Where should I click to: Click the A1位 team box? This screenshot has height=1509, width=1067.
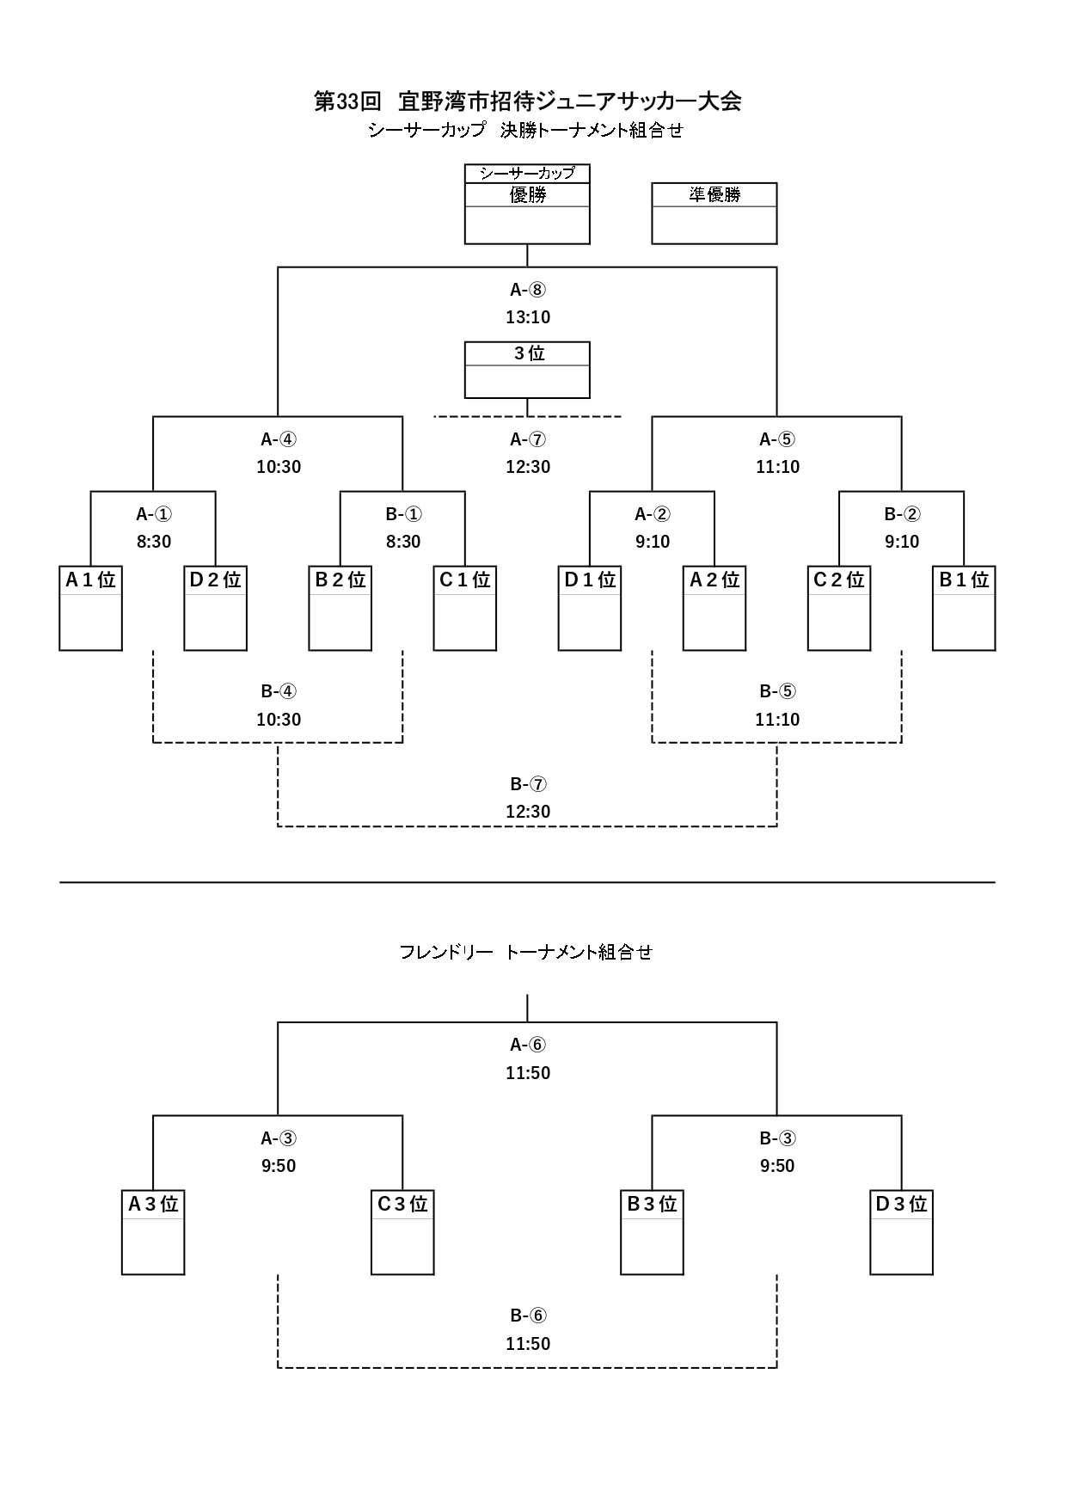pyautogui.click(x=90, y=608)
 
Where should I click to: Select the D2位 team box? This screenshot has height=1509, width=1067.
pyautogui.click(x=215, y=608)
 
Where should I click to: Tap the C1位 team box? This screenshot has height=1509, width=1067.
pyautogui.click(x=464, y=608)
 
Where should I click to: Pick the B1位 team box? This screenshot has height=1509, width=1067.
pyautogui.click(x=964, y=608)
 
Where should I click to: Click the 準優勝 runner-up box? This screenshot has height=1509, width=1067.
pyautogui.click(x=714, y=213)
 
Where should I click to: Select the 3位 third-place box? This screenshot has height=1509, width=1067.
pyautogui.click(x=527, y=371)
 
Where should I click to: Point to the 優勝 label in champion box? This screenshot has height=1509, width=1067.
pyautogui.click(x=527, y=195)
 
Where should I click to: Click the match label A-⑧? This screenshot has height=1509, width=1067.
pyautogui.click(x=527, y=290)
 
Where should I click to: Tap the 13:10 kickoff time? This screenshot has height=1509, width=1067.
pyautogui.click(x=527, y=317)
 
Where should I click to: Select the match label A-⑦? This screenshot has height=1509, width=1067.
pyautogui.click(x=527, y=440)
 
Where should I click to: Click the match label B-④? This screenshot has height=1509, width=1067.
pyautogui.click(x=279, y=692)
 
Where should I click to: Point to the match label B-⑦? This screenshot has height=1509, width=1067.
pyautogui.click(x=527, y=784)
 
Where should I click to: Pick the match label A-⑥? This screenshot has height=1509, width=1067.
pyautogui.click(x=527, y=1046)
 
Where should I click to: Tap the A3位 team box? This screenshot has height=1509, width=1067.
pyautogui.click(x=153, y=1232)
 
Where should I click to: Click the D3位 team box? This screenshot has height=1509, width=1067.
pyautogui.click(x=901, y=1232)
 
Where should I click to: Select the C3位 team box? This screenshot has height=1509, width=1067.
pyautogui.click(x=402, y=1232)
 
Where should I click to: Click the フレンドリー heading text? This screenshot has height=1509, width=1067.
pyautogui.click(x=445, y=952)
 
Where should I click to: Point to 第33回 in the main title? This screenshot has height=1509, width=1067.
pyautogui.click(x=347, y=101)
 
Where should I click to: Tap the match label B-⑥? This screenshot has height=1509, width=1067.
pyautogui.click(x=527, y=1316)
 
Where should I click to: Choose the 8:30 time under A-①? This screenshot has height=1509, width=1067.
pyautogui.click(x=154, y=542)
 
